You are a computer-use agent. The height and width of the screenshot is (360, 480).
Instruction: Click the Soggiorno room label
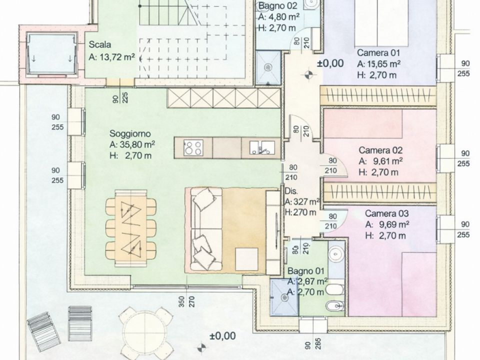130,134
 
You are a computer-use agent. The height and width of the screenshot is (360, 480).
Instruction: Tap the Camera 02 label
380,150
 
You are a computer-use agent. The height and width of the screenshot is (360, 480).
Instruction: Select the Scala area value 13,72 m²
116,57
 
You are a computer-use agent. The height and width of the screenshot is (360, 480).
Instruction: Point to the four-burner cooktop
193,148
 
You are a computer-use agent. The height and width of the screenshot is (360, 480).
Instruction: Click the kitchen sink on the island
261,148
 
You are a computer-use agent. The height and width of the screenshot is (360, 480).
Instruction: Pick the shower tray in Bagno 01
284,297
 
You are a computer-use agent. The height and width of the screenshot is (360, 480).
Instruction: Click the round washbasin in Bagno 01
336,254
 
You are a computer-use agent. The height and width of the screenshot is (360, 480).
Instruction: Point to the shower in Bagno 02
268,67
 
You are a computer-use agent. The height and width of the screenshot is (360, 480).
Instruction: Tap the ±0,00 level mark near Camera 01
330,63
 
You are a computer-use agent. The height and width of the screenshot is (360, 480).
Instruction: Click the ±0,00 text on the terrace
222,336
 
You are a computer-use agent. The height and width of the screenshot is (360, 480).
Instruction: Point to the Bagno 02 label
277,6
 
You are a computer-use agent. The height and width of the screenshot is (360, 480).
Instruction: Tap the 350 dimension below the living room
181,301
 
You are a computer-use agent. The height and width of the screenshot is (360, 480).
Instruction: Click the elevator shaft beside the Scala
51,54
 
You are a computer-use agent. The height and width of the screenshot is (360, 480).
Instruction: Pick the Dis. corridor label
291,191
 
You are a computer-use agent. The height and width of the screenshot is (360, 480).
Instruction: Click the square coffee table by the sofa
246,259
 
